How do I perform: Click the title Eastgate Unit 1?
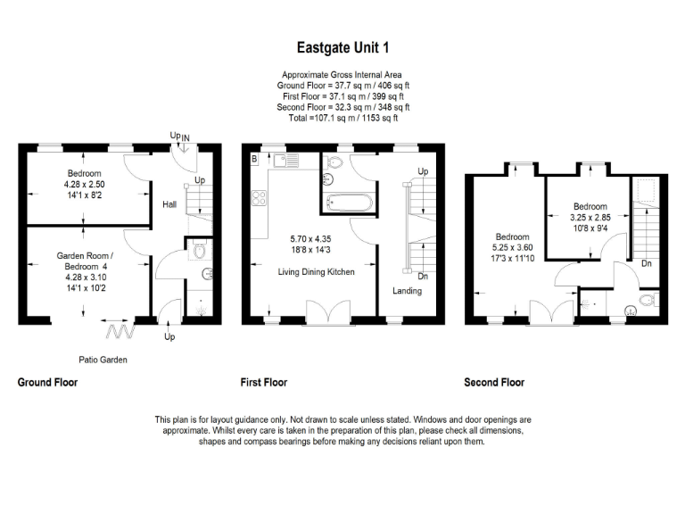tap(342, 47)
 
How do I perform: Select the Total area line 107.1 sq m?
tap(342, 118)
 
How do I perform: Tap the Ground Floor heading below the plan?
tap(47, 382)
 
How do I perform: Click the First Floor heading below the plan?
tap(263, 382)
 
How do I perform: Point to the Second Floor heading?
tap(494, 382)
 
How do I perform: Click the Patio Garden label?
tap(102, 361)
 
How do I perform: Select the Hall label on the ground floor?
tap(169, 204)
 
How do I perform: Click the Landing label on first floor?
tap(407, 291)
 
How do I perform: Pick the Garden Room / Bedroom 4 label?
tap(80, 261)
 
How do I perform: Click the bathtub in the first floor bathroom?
tap(349, 202)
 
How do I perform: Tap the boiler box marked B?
tap(254, 159)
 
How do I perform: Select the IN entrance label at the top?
tap(185, 137)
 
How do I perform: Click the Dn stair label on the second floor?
tap(646, 263)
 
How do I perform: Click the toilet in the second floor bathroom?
tap(631, 311)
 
